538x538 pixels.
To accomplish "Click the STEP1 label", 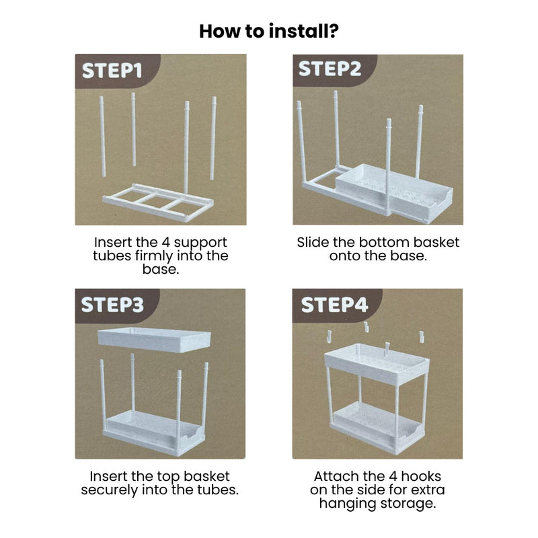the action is [x=112, y=71].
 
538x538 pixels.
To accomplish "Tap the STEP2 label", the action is [x=330, y=69].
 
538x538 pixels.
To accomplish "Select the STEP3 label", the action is [x=112, y=305].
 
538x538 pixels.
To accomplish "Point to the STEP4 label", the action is [x=334, y=305].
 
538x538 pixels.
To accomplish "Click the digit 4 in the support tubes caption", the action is [x=165, y=242].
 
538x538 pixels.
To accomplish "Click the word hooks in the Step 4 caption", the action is [x=421, y=476].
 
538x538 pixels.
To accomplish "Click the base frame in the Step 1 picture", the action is [x=158, y=202].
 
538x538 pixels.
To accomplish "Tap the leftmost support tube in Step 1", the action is [x=102, y=137].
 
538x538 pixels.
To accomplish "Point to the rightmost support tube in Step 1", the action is [x=213, y=139].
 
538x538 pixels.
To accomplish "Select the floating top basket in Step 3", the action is [x=154, y=340].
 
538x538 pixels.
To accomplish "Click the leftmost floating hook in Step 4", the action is [x=329, y=337].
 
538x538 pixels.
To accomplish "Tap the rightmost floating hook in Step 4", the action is [x=422, y=337].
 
